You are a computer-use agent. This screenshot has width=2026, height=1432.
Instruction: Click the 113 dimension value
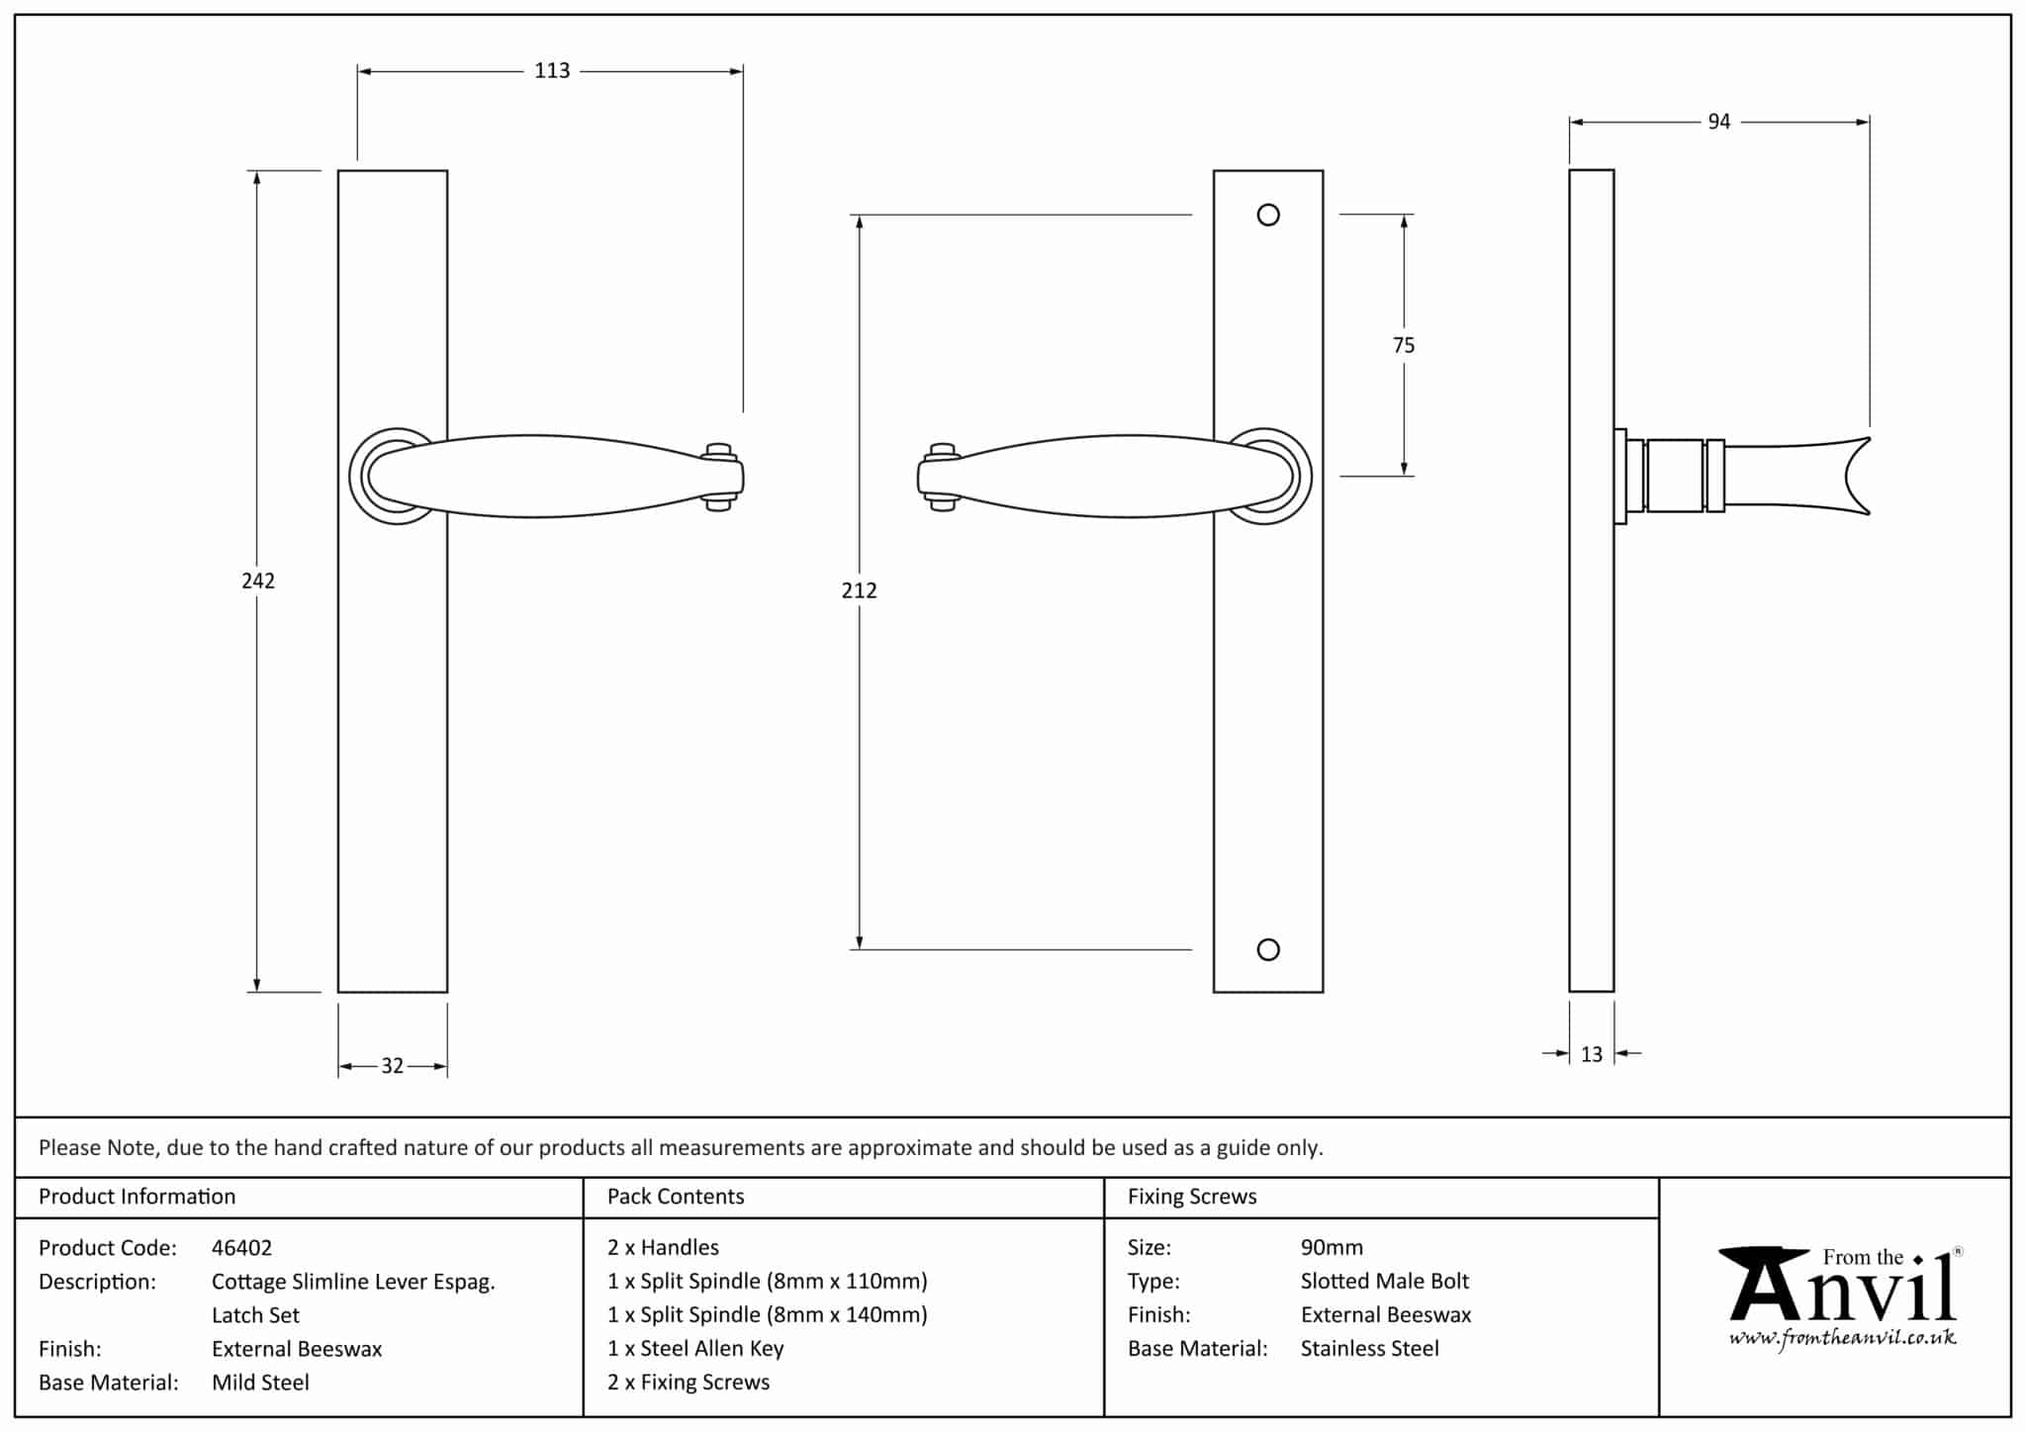(552, 71)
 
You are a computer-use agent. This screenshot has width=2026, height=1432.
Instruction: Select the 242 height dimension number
(258, 581)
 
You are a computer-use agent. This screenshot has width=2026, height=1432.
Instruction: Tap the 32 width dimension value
(393, 1066)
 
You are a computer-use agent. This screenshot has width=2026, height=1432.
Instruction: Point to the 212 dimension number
(859, 590)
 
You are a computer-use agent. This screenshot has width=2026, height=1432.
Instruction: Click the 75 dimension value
(1403, 345)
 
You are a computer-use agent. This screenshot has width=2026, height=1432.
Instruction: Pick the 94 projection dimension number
(1719, 122)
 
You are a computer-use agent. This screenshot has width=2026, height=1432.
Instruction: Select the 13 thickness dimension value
(1591, 1054)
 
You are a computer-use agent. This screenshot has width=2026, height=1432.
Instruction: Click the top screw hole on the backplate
(1268, 215)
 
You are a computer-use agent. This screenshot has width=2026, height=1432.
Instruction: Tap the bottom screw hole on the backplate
(1268, 949)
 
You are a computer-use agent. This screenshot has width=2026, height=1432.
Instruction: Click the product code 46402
(241, 1248)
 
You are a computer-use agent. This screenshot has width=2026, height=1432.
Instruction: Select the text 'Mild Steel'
(260, 1383)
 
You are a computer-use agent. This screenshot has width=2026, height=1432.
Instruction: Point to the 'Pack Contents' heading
(676, 1197)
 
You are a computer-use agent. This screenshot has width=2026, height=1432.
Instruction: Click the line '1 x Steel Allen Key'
(695, 1349)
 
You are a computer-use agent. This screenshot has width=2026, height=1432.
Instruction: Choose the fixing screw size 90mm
(1332, 1248)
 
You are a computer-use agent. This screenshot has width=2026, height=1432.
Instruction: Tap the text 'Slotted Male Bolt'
(1384, 1282)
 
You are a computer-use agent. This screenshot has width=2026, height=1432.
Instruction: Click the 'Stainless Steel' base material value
(1369, 1349)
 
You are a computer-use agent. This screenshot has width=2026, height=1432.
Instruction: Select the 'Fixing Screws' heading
(1192, 1197)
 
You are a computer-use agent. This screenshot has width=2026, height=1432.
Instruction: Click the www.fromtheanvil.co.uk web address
(1842, 1339)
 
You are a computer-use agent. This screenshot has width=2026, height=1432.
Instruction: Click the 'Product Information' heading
(137, 1197)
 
